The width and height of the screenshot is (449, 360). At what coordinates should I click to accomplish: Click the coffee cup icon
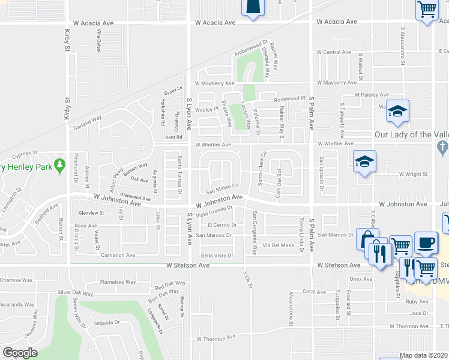coord(426,243)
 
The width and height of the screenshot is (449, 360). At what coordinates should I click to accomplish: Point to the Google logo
coord(20,353)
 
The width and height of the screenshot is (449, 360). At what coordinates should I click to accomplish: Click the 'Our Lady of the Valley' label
coord(411,135)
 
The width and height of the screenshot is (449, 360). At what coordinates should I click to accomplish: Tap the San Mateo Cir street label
coord(223,189)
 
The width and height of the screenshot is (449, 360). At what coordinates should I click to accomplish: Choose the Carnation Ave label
coord(118,255)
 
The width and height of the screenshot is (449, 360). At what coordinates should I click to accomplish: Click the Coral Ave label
coord(313,292)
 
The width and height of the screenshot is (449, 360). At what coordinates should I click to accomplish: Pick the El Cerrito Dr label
coord(222,224)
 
